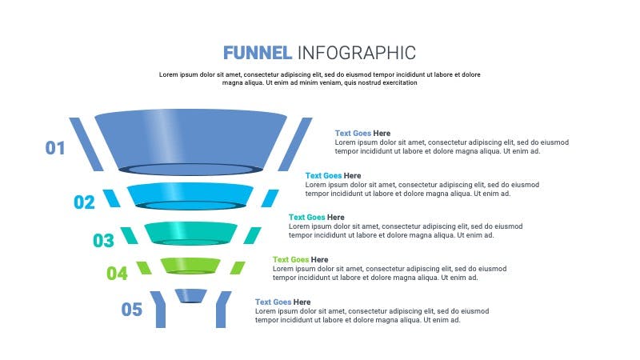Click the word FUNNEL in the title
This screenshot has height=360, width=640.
pyautogui.click(x=257, y=53)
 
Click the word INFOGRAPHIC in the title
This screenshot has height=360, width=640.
pyautogui.click(x=357, y=53)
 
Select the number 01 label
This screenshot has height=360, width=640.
pyautogui.click(x=55, y=148)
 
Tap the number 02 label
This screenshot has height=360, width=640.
pyautogui.click(x=84, y=202)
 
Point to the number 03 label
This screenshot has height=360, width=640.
pyautogui.click(x=103, y=241)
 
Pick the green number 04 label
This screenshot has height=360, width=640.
pyautogui.click(x=117, y=274)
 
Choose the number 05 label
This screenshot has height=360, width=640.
pyautogui.click(x=131, y=310)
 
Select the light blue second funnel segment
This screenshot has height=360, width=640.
pyautogui.click(x=190, y=196)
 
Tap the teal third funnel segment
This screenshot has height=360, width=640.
pyautogui.click(x=190, y=234)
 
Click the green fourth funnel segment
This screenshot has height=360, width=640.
pyautogui.click(x=190, y=266)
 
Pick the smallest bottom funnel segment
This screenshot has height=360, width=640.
pyautogui.click(x=190, y=296)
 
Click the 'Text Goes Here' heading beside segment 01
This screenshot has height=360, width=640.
pyautogui.click(x=362, y=134)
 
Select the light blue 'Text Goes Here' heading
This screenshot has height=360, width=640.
pyautogui.click(x=333, y=176)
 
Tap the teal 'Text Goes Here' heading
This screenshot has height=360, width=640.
pyautogui.click(x=316, y=218)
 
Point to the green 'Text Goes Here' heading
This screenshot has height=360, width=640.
pyautogui.click(x=301, y=260)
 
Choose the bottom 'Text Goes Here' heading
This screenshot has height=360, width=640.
pyautogui.click(x=283, y=302)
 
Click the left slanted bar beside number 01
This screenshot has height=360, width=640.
pyautogui.click(x=86, y=144)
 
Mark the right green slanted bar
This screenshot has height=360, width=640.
pyautogui.click(x=238, y=268)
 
